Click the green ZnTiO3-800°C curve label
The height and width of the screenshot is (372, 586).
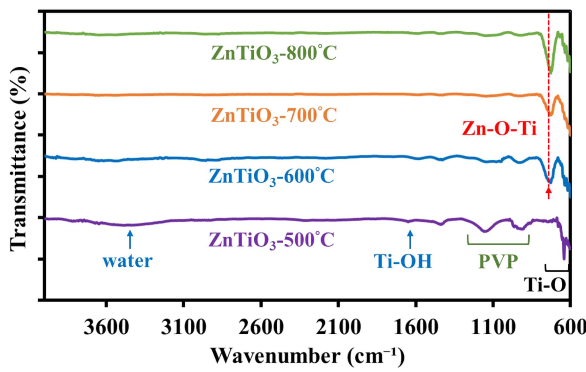pos(274,53)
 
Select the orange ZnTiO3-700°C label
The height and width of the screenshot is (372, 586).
pos(274,115)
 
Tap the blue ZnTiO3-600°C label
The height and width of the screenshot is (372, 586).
pos(271,176)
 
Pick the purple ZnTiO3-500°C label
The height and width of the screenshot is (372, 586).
pos(271,240)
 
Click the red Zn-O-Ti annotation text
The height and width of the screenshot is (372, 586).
pos(499,129)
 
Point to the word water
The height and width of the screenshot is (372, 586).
pos(127,261)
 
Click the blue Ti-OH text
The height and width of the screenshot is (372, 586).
pos(403,261)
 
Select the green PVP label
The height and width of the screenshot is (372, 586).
pos(498,262)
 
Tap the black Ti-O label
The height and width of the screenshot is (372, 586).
pos(545,285)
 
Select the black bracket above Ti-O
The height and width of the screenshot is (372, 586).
pos(557,270)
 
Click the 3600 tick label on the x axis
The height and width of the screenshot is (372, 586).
pos(106,328)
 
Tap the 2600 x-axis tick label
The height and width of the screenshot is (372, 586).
pos(261,328)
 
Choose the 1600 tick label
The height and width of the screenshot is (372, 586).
pos(416,328)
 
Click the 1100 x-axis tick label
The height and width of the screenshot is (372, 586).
pos(493,328)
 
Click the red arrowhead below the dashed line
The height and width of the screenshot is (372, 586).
pos(549,191)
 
